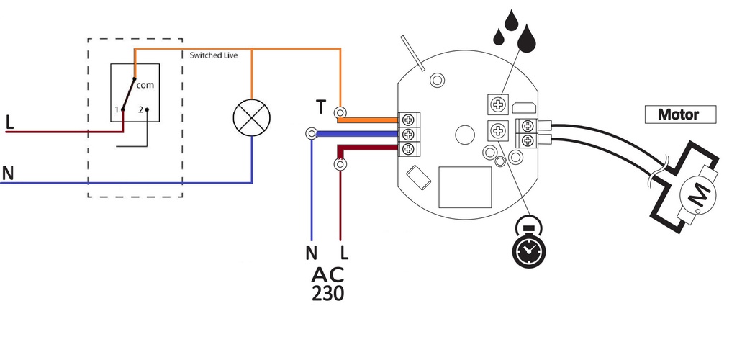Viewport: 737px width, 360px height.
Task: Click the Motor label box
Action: [x=679, y=114]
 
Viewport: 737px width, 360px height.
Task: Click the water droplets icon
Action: [x=516, y=32]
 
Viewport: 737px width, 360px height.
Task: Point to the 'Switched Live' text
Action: [x=213, y=55]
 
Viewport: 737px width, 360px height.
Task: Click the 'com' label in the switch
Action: [x=145, y=85]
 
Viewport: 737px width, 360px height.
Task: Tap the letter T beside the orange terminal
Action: [x=320, y=107]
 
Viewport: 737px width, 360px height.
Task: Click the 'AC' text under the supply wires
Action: [x=327, y=274]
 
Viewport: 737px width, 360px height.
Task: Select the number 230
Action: [x=327, y=293]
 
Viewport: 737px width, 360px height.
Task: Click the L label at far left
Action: [x=9, y=122]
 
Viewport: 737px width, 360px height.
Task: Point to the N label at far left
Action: [x=8, y=173]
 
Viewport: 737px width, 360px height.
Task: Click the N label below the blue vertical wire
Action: [x=311, y=253]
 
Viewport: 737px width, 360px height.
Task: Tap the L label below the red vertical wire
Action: [x=344, y=253]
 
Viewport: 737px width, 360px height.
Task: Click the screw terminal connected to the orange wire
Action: [x=409, y=120]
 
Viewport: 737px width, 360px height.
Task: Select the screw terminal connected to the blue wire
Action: [x=409, y=134]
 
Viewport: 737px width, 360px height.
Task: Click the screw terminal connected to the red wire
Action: [x=409, y=149]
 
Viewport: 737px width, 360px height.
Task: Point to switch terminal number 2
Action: [x=146, y=109]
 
